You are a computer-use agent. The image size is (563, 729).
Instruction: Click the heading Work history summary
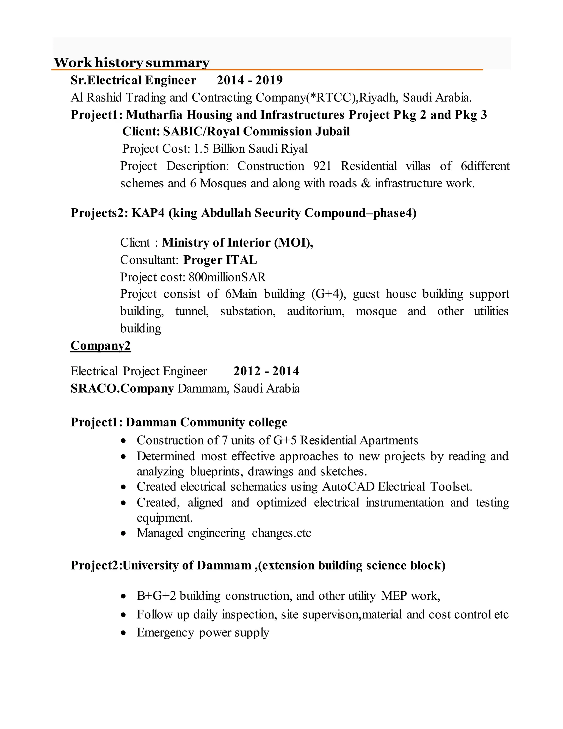point(131,62)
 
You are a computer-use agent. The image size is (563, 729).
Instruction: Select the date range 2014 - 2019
point(250,80)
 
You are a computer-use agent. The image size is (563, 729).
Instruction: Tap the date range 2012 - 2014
point(266,371)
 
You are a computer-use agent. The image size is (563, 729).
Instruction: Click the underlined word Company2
point(100,346)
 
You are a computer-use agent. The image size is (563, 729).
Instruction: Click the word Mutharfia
point(154,115)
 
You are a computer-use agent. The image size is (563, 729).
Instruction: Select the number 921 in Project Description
point(322,166)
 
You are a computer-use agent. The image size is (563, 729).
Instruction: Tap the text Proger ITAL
point(220,260)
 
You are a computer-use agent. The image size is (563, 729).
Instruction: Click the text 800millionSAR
point(227,277)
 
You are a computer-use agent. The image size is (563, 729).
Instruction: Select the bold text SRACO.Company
point(122,388)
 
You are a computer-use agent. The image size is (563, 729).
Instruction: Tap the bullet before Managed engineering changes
point(124,533)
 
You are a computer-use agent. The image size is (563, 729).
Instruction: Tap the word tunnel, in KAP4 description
point(192,311)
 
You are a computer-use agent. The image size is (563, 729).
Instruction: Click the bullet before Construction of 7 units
point(124,441)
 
